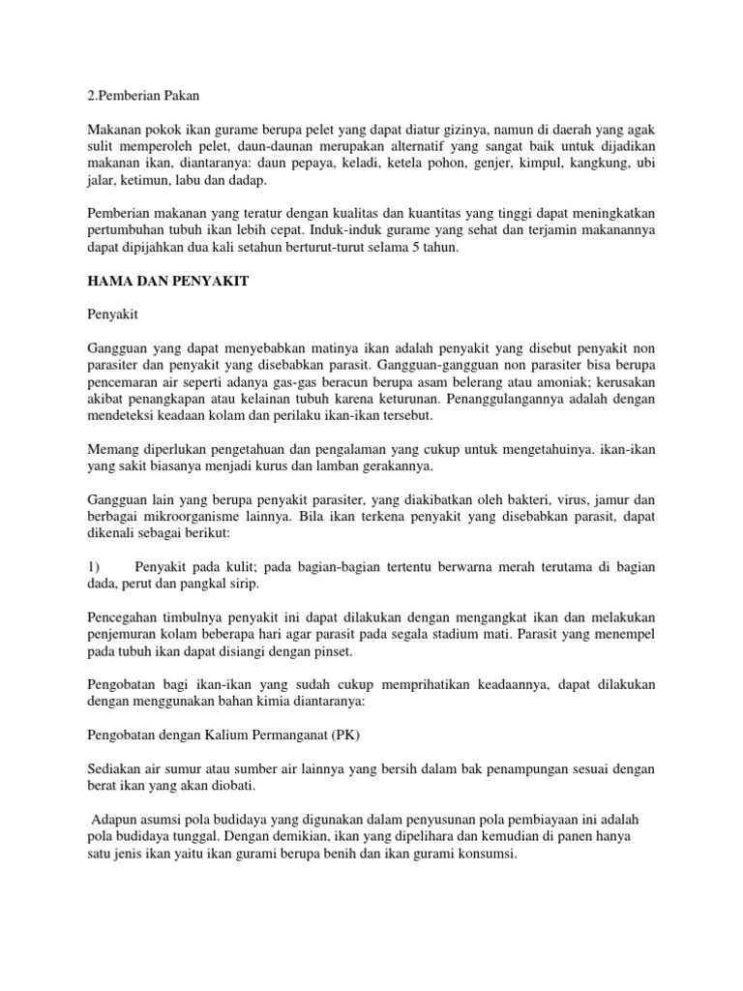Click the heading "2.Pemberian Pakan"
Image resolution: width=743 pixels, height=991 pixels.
click(x=141, y=96)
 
